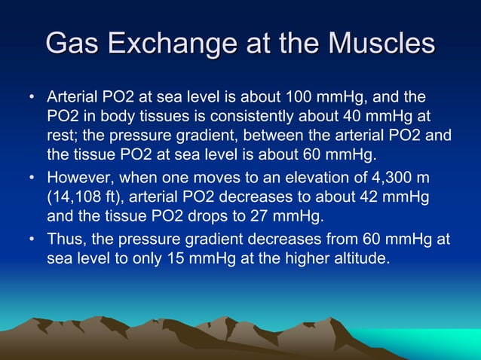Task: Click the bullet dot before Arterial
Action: (31, 99)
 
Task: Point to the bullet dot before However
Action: (31, 178)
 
